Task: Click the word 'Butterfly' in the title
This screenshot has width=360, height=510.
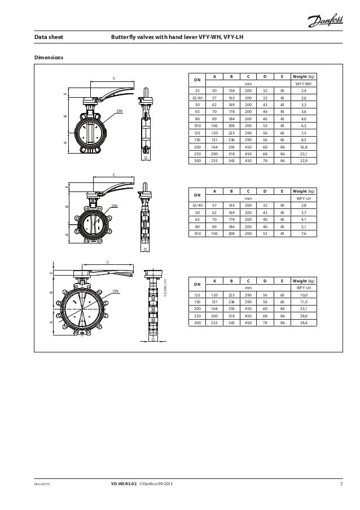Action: tap(126, 38)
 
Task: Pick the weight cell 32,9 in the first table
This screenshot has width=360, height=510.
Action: tap(303, 160)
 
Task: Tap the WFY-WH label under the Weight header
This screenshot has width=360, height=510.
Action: tap(303, 83)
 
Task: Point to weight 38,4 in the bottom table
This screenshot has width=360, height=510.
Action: tap(303, 323)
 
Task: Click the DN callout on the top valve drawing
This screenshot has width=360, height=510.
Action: tap(120, 112)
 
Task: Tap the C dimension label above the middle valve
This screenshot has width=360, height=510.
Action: tap(114, 175)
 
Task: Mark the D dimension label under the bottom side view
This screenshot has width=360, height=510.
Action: tap(152, 341)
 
